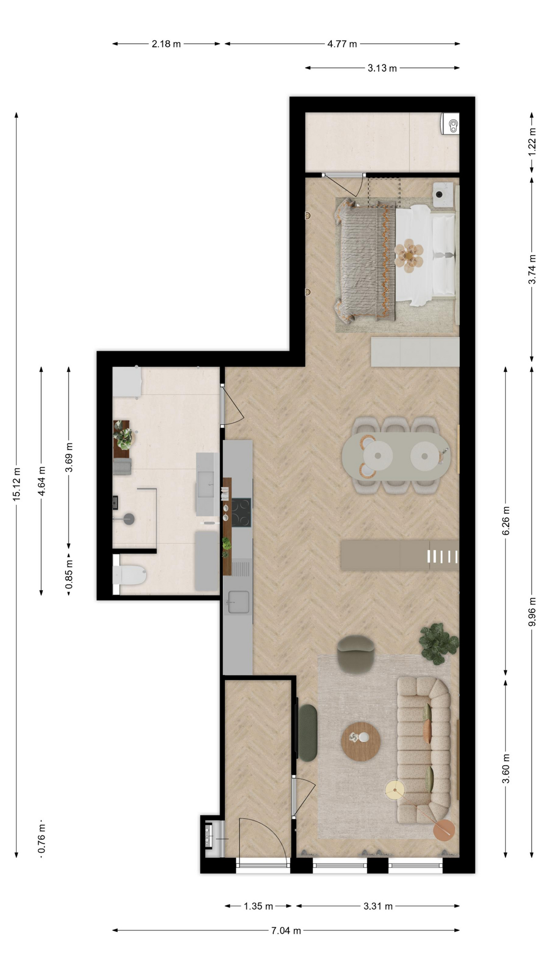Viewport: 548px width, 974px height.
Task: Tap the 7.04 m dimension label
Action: (x=286, y=930)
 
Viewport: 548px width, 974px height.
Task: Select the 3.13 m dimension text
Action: (x=382, y=68)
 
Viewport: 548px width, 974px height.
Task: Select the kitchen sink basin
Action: (x=238, y=602)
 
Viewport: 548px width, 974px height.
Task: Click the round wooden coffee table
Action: (x=361, y=741)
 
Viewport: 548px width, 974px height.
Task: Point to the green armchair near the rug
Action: (x=356, y=654)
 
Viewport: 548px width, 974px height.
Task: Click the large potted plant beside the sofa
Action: (x=438, y=643)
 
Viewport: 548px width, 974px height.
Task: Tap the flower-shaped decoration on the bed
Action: (x=409, y=253)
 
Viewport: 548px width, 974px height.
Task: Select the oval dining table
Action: (x=396, y=456)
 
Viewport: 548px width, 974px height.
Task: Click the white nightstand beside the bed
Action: (x=443, y=195)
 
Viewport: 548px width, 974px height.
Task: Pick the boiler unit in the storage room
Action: (x=450, y=124)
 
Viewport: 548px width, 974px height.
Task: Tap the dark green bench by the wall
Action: (x=307, y=733)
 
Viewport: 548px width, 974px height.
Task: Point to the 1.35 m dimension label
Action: (x=259, y=906)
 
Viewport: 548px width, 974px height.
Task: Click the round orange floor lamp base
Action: (x=444, y=830)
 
